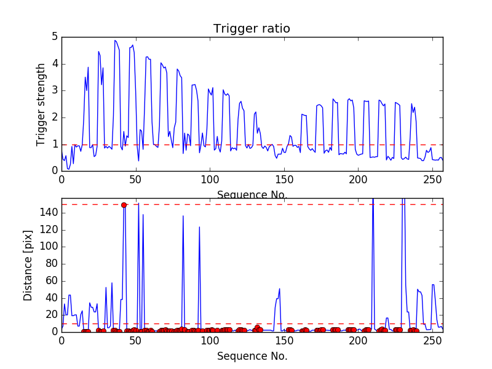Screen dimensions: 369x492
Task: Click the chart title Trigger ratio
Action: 252,29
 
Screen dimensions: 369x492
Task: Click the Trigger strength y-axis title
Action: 41,104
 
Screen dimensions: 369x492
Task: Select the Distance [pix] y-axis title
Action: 28,265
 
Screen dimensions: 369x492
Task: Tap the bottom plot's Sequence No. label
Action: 252,355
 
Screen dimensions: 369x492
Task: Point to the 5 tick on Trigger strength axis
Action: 55,37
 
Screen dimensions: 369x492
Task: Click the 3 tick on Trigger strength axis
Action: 55,90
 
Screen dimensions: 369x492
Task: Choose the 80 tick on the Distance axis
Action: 52,264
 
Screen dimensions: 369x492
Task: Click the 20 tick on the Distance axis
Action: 52,315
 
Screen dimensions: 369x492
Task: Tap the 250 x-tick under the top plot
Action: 432,179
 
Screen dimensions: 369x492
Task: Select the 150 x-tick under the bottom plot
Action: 284,339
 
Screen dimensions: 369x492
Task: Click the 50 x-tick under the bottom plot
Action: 135,339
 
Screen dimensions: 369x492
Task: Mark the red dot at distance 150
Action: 124,205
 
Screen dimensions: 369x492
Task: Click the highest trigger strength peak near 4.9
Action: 115,41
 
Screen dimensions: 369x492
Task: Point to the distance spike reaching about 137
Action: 183,216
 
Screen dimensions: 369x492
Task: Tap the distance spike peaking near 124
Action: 199,227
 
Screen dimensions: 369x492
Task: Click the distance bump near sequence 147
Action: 279,289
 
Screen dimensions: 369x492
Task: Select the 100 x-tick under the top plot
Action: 210,179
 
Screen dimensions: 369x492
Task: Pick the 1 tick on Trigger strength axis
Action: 55,145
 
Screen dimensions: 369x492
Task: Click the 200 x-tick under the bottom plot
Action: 359,339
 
